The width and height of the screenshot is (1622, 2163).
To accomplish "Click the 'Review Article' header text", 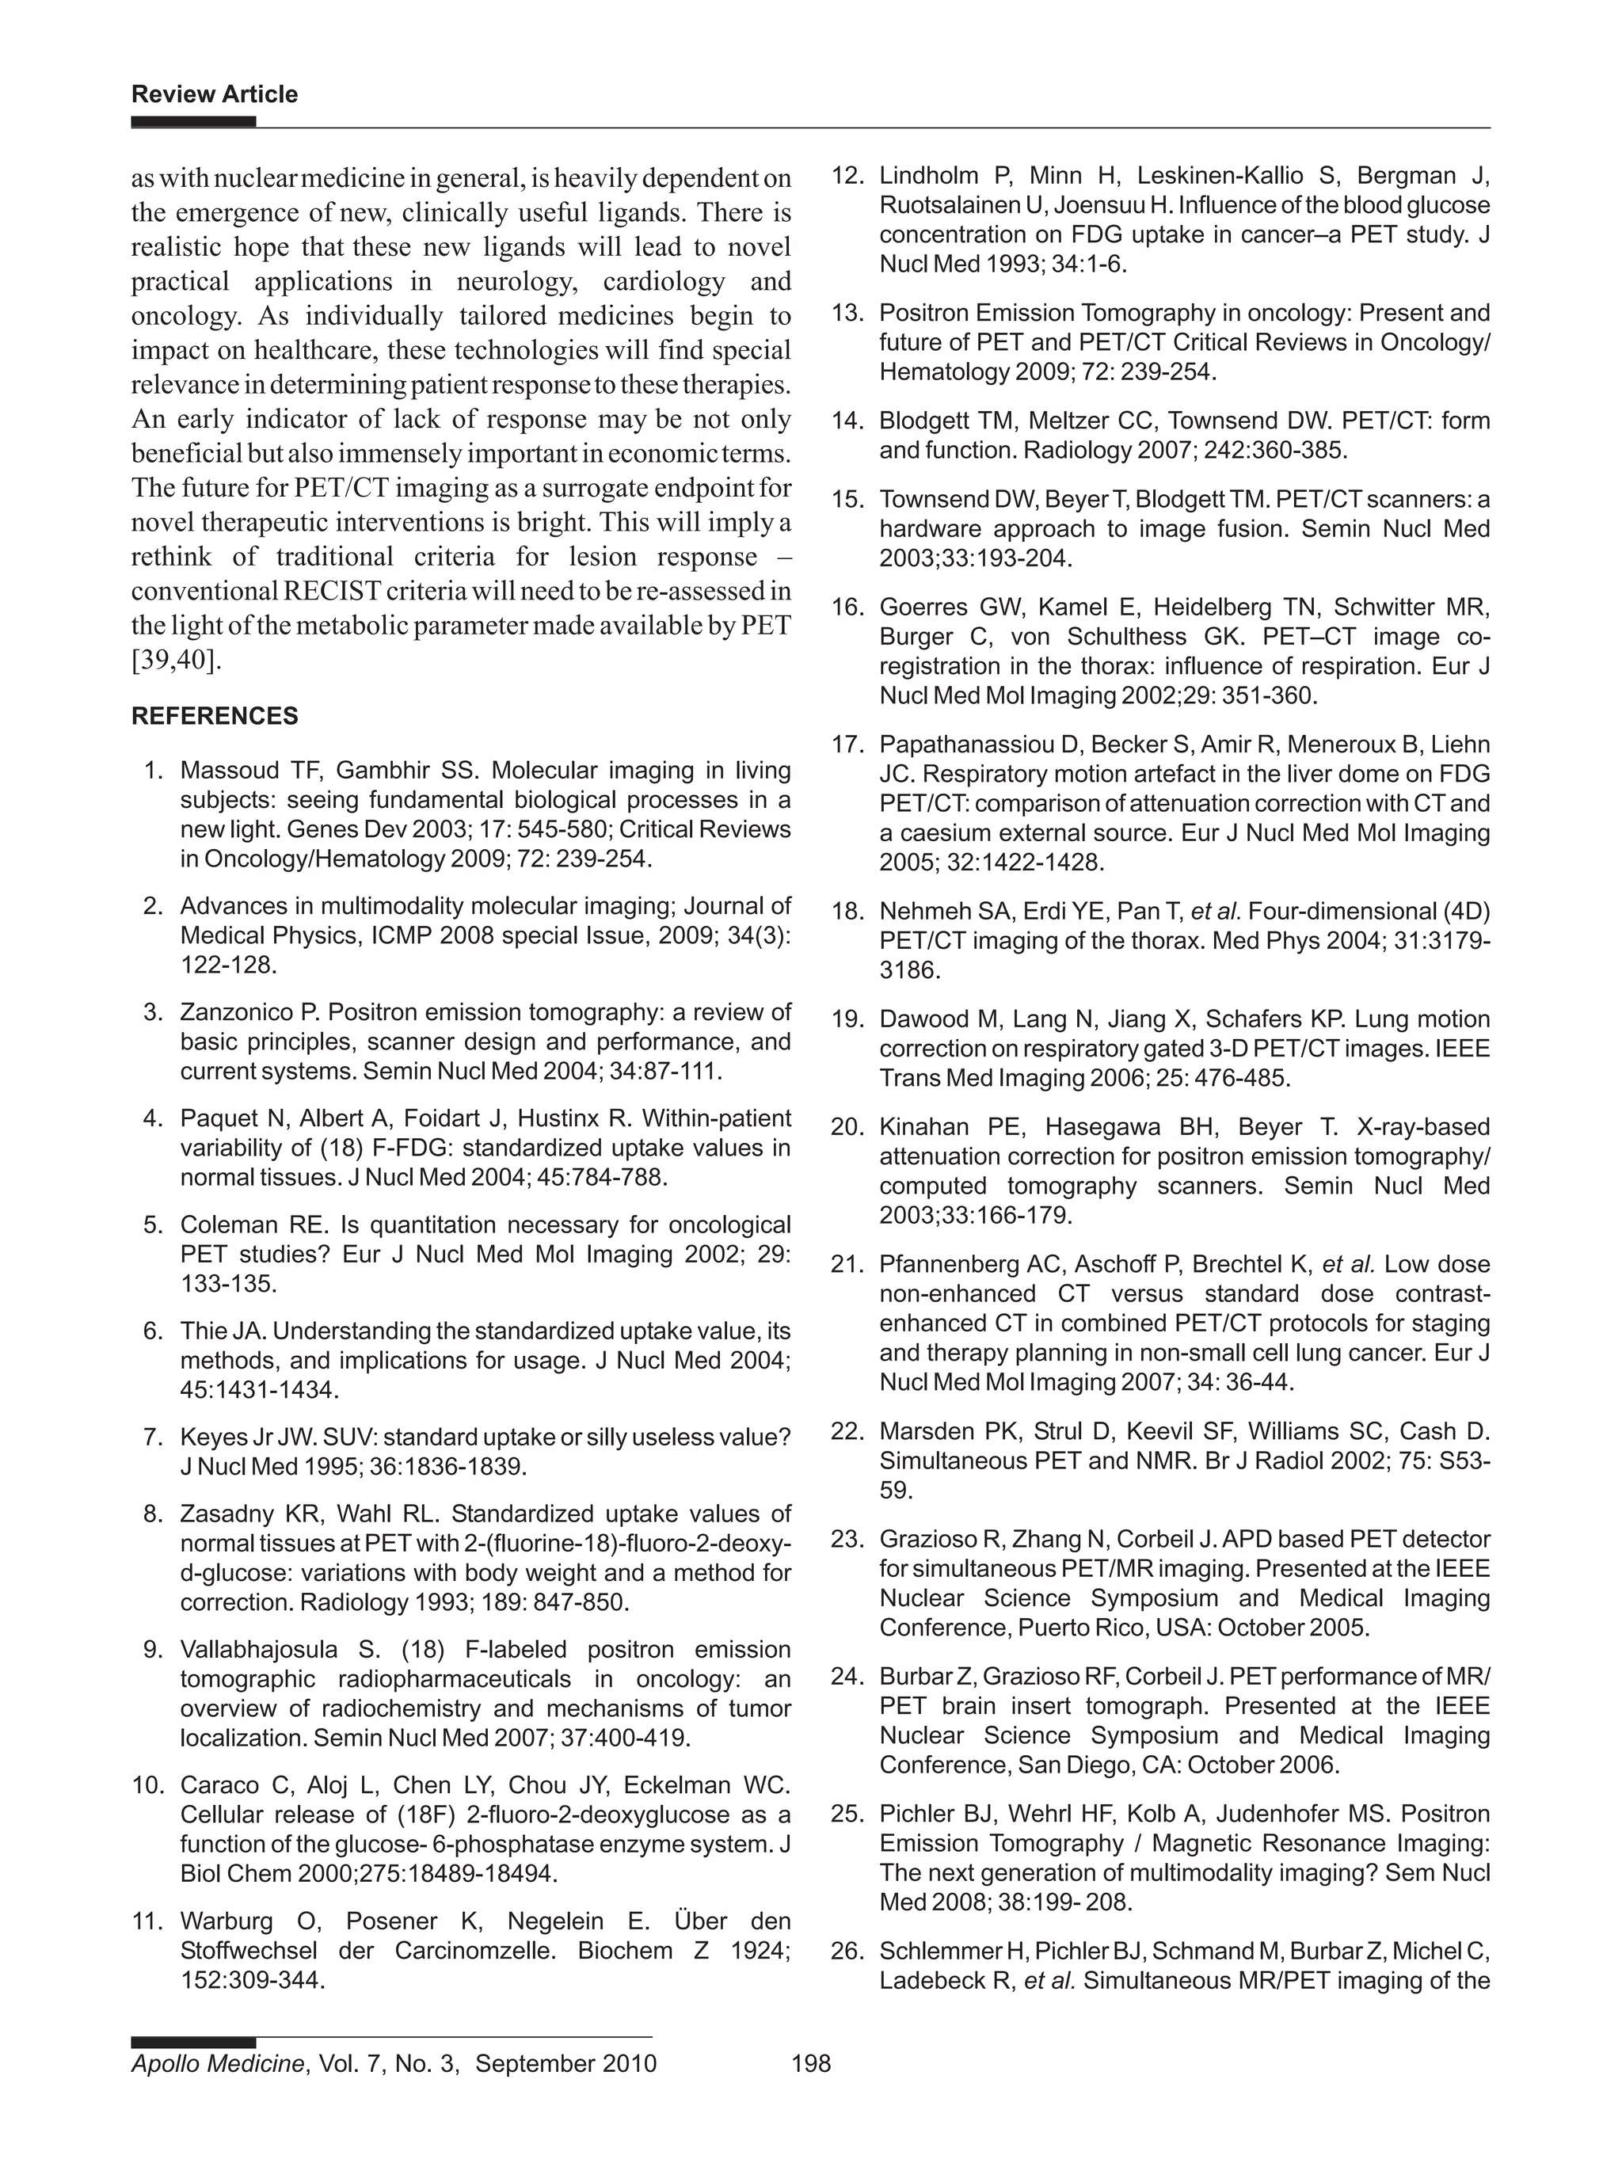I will coord(214,94).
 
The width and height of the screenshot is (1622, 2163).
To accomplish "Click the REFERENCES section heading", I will coord(214,716).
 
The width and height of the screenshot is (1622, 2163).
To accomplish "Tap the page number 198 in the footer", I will coord(810,2063).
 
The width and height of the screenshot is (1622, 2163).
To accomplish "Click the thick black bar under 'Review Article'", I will coord(193,122).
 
